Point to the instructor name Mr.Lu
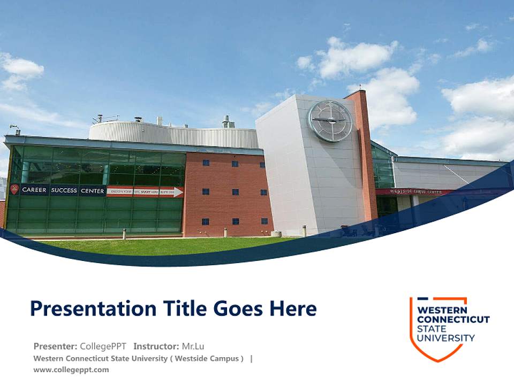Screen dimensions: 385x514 (x=193, y=346)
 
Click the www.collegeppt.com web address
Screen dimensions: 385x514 (x=71, y=369)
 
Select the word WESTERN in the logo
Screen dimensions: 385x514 (x=442, y=310)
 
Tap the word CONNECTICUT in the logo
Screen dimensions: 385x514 (x=453, y=320)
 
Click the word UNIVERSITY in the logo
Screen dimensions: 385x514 (x=445, y=338)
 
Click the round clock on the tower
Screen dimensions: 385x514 (x=330, y=121)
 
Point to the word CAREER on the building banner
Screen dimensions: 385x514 (x=34, y=190)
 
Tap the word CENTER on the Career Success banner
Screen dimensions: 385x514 (x=93, y=190)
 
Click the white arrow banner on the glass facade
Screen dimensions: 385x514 (x=145, y=191)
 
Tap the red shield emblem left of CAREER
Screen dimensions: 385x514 (x=14, y=189)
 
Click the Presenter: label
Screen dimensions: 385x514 (x=55, y=346)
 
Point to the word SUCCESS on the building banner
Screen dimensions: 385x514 (x=64, y=190)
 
